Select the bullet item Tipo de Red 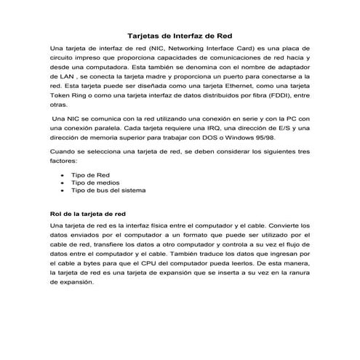(x=90, y=175)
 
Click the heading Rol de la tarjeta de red (x=87, y=215)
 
